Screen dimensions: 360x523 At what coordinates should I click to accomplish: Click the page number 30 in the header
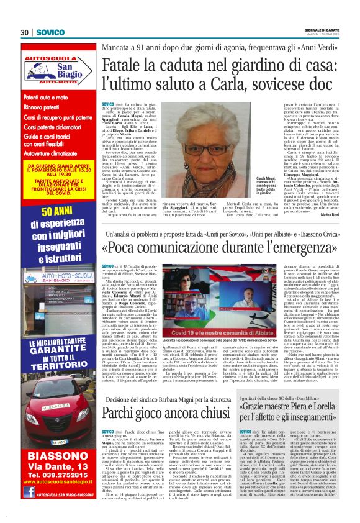25,32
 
